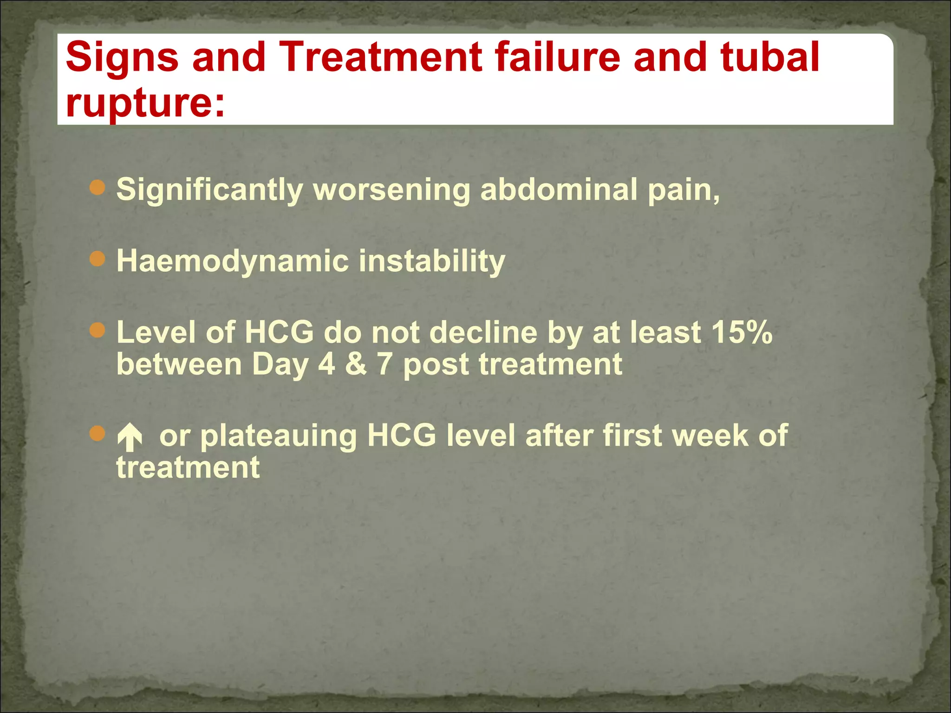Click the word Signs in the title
coord(122,58)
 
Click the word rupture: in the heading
coord(145,103)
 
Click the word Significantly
coord(209,190)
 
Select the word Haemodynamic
coord(232,261)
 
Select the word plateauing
coord(279,436)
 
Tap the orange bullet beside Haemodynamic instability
coord(98,259)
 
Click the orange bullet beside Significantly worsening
coord(98,188)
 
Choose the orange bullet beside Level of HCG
coord(98,331)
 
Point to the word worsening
coord(391,190)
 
